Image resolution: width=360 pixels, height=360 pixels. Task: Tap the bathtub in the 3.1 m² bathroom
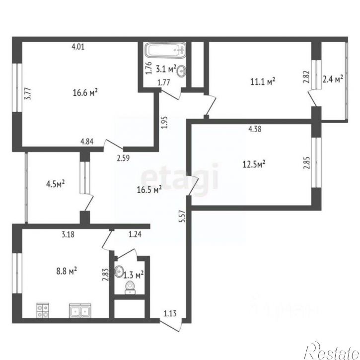point(165,50)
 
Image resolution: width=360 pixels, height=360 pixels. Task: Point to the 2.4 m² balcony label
point(333,79)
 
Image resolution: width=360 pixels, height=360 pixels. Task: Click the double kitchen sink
point(79,311)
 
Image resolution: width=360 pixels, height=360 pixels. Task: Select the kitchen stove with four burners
point(42,311)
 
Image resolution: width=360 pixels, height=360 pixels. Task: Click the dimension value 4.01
point(79,47)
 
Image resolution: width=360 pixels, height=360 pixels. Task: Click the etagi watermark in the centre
point(180,177)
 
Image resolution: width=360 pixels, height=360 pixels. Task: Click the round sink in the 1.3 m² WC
point(120,272)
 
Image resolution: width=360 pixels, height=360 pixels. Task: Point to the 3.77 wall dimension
point(28,94)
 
